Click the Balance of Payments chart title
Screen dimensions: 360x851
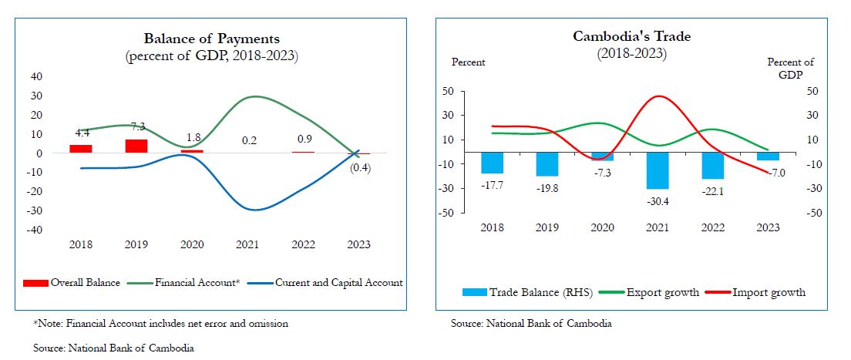[211, 39]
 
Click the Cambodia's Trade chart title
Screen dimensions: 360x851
[631, 36]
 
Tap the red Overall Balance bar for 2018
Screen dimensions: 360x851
[80, 148]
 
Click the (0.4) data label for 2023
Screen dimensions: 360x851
[360, 169]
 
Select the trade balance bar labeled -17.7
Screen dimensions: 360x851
[492, 162]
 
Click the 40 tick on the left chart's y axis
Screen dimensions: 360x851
[36, 76]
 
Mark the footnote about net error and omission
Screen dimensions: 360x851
[160, 324]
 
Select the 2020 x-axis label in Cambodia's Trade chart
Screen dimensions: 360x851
[602, 227]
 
